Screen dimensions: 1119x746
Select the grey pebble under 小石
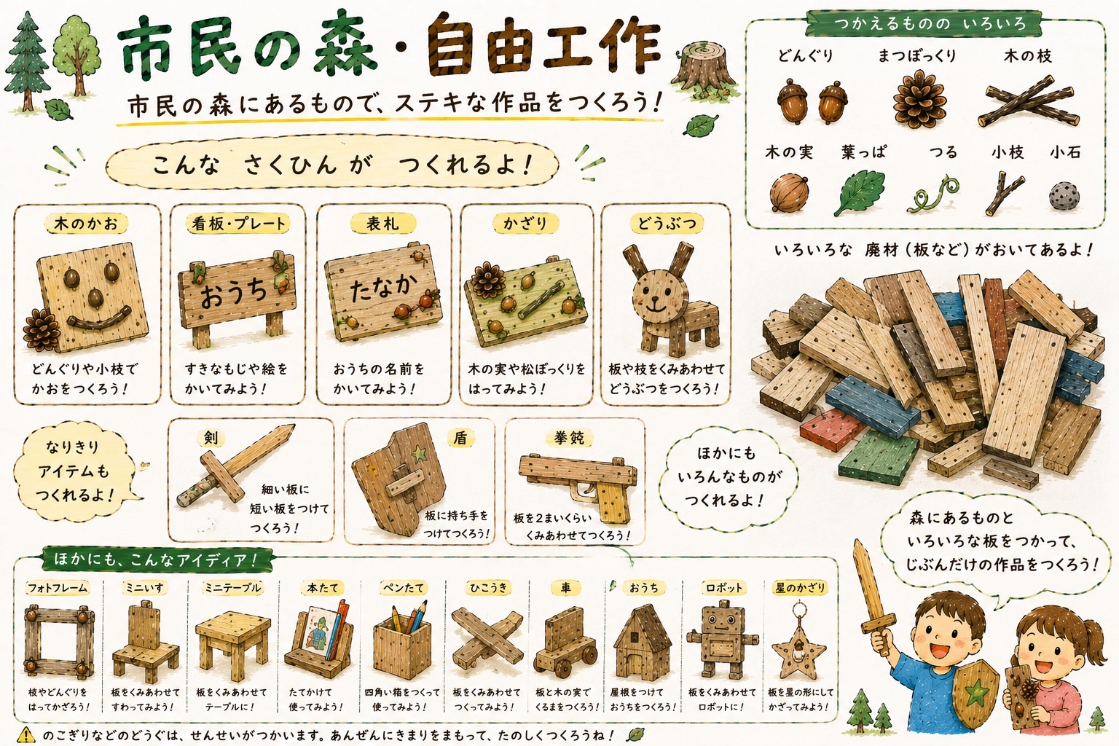point(1064,195)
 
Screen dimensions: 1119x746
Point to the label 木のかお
point(86,224)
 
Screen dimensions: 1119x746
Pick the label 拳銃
point(568,439)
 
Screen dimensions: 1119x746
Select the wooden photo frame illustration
point(59,642)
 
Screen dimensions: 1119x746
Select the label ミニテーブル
point(233,588)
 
